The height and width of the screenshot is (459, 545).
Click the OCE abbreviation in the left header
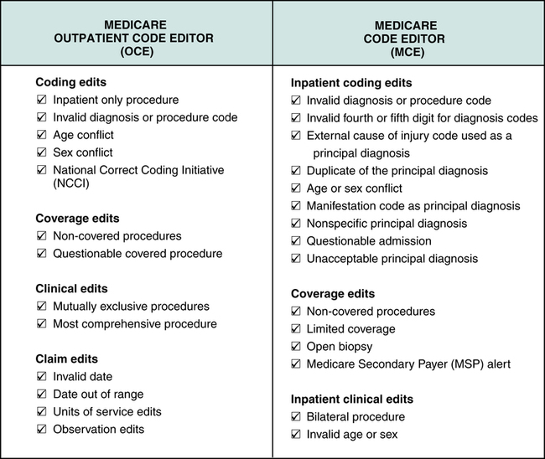[x=136, y=51]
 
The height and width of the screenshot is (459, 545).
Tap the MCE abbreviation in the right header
[x=408, y=51]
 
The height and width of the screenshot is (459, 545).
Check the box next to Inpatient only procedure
[x=42, y=101]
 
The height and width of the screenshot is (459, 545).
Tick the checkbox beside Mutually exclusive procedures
[x=42, y=307]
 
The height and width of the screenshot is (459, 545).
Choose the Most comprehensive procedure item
[x=134, y=324]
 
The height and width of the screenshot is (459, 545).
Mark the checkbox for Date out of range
[x=42, y=395]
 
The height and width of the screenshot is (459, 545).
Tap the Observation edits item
[x=98, y=430]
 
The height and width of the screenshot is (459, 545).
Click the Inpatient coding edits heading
[x=352, y=84]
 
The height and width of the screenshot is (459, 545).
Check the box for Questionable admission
[x=295, y=241]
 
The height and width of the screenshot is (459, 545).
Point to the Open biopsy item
[x=340, y=346]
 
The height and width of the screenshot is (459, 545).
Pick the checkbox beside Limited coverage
[x=295, y=329]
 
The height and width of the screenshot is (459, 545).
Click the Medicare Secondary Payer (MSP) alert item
[x=408, y=364]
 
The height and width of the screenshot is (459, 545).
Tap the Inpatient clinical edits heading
[x=353, y=399]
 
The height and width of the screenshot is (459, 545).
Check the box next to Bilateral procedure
[x=295, y=416]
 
